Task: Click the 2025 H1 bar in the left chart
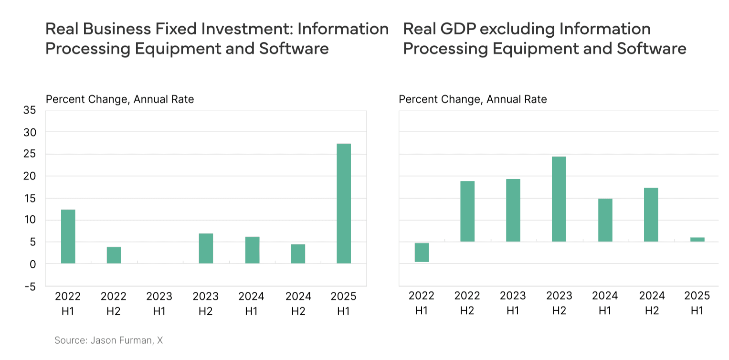click(344, 203)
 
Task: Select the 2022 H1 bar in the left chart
click(68, 236)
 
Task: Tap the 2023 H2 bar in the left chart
click(206, 248)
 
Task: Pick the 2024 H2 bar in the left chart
click(298, 254)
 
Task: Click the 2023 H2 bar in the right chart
click(559, 199)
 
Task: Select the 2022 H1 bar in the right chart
click(421, 252)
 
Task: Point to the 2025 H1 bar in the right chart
click(697, 239)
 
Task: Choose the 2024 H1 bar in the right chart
click(605, 220)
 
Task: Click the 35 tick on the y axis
click(29, 110)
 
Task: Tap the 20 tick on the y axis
click(29, 176)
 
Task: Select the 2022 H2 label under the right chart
click(467, 303)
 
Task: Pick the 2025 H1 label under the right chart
click(697, 303)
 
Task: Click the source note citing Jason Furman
click(109, 340)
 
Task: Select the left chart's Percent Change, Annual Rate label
click(119, 99)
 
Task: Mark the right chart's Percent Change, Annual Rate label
click(473, 99)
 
